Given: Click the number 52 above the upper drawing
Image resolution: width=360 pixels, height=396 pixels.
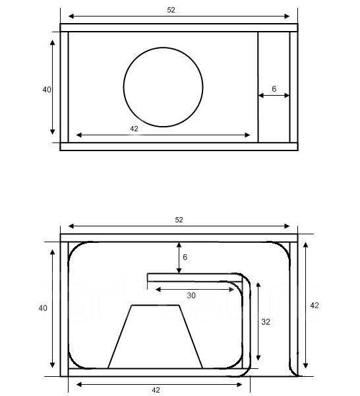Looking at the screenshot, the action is click(x=171, y=10).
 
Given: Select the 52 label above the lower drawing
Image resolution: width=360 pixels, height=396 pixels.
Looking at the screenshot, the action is click(x=179, y=220).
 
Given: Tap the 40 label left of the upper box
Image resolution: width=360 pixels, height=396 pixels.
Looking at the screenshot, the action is click(x=47, y=89).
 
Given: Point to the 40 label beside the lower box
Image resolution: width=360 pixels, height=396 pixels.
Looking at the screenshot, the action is click(x=43, y=308).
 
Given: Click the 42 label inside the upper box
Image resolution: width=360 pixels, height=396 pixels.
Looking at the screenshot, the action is click(x=135, y=129).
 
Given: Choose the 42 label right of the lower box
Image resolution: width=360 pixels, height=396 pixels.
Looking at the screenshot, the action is click(x=315, y=306).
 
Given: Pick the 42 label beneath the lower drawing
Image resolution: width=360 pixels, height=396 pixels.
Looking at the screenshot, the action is click(x=156, y=390).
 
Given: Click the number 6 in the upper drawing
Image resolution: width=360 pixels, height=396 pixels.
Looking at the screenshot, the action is click(x=274, y=88).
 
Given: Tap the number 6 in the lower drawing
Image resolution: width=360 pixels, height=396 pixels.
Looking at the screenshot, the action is click(x=185, y=257).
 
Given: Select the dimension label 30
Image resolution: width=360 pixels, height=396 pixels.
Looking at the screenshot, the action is click(x=191, y=295).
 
